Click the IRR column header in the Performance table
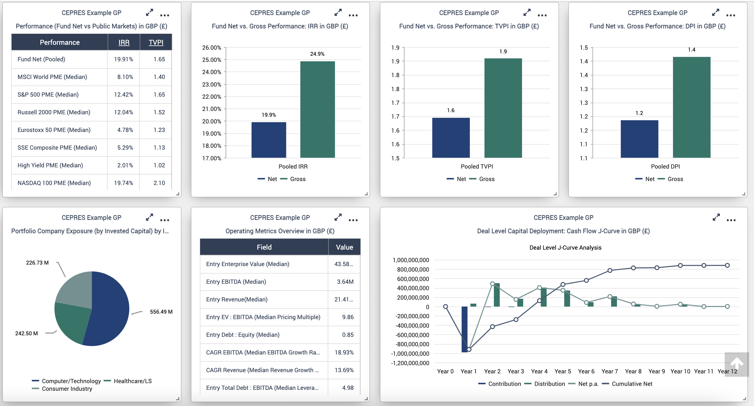tap(124, 42)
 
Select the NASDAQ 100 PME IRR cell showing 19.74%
tap(123, 183)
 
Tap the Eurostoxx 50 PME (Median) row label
tap(54, 130)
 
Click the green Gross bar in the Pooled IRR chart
tap(317, 109)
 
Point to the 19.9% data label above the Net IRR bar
tap(269, 115)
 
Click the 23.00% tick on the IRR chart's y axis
tap(211, 84)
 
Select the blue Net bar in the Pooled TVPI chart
tap(451, 137)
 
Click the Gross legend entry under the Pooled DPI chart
tap(675, 179)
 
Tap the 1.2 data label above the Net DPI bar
tap(639, 113)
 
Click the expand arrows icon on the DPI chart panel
tap(716, 12)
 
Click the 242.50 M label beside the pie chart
tap(27, 333)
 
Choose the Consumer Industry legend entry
tap(67, 389)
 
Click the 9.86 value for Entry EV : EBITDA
tap(348, 317)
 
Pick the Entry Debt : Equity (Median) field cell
tap(243, 335)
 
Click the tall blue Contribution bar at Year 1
tap(464, 329)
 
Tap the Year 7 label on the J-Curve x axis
tap(610, 371)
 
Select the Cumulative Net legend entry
tap(632, 384)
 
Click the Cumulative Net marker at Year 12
tap(727, 265)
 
